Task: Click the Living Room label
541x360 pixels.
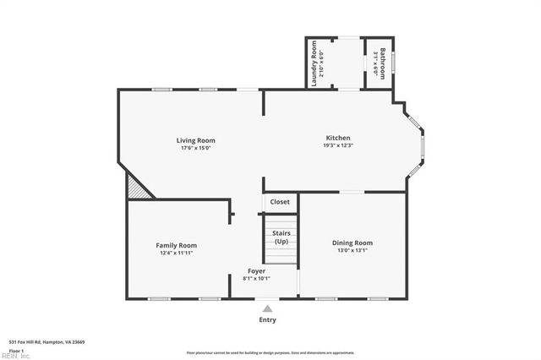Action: click(195, 140)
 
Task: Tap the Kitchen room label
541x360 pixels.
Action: click(338, 138)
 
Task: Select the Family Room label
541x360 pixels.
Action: click(178, 245)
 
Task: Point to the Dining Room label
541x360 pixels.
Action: click(352, 243)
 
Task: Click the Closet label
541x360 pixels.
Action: click(280, 202)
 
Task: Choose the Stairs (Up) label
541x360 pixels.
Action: click(281, 237)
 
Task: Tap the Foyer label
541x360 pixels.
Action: click(256, 270)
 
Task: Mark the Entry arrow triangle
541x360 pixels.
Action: click(267, 309)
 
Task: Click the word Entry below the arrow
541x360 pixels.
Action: click(267, 320)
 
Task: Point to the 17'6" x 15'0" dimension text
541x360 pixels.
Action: click(195, 148)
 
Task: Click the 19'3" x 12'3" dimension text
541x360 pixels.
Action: click(338, 145)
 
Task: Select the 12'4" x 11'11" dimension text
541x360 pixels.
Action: click(178, 253)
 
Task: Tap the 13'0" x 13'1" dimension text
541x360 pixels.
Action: click(352, 250)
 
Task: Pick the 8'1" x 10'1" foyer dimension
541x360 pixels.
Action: click(256, 278)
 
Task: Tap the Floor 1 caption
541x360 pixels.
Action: click(15, 350)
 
